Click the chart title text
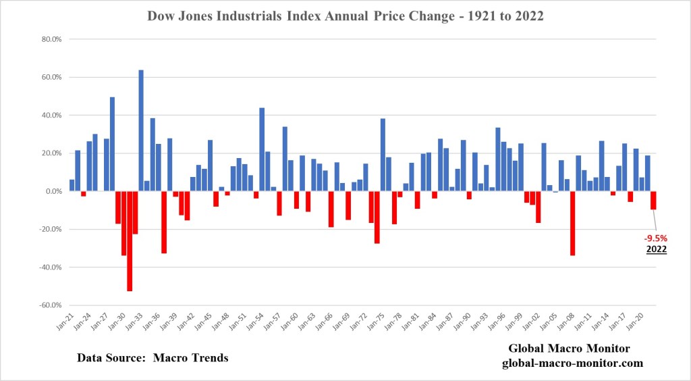[x=345, y=16]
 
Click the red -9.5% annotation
[x=657, y=238]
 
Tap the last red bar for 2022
[x=653, y=200]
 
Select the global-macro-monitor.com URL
[x=572, y=363]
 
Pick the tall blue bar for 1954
[x=262, y=149]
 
